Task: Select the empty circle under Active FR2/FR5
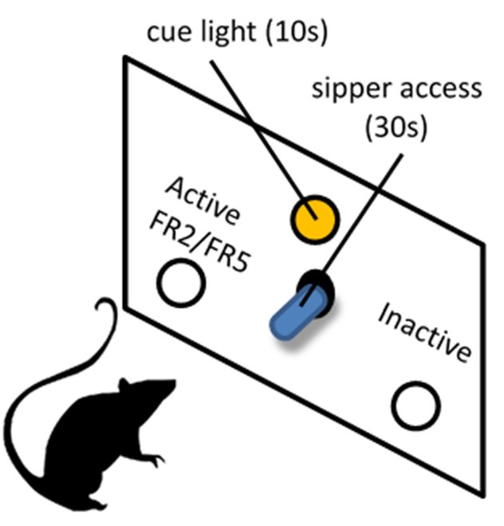(181, 283)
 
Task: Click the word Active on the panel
(202, 200)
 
